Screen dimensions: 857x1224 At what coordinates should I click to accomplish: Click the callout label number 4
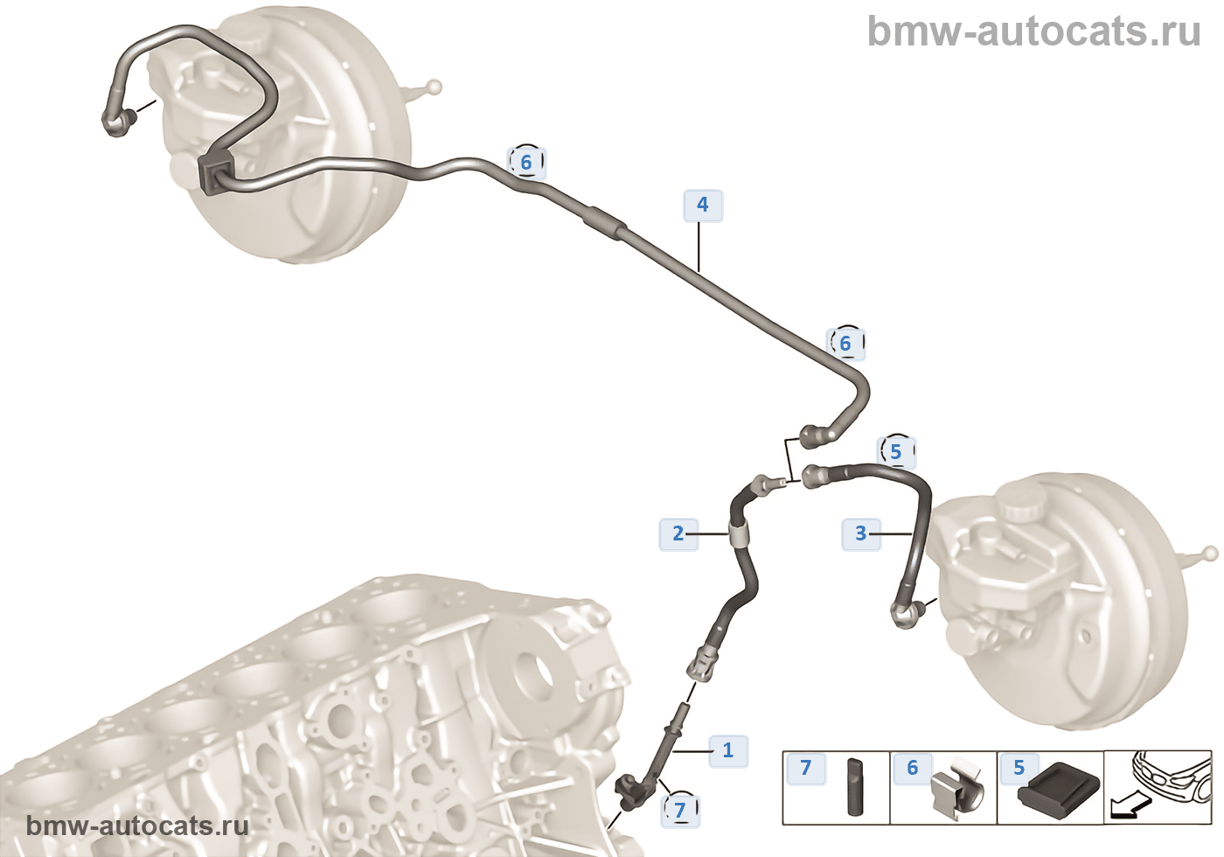point(702,206)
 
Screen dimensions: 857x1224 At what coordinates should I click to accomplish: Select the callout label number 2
point(678,533)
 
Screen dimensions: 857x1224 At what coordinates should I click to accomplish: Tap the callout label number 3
point(860,533)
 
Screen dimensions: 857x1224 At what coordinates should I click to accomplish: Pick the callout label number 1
point(727,750)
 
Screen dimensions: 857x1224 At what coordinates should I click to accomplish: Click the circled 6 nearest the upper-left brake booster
point(526,162)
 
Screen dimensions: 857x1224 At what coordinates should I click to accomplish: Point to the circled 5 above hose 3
point(895,452)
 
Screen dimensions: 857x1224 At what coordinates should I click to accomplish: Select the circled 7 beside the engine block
point(680,810)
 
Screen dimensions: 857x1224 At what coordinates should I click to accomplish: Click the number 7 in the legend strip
point(805,768)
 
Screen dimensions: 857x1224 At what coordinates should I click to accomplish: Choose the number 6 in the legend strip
point(912,768)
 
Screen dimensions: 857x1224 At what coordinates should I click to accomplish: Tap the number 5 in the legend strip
point(1019,768)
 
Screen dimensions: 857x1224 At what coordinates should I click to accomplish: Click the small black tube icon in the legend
point(854,787)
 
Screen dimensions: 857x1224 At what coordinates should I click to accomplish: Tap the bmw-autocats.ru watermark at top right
point(1033,31)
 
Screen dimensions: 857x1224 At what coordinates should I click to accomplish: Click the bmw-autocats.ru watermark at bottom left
point(137,826)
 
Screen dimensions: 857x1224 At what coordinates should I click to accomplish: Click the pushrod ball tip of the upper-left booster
point(434,87)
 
